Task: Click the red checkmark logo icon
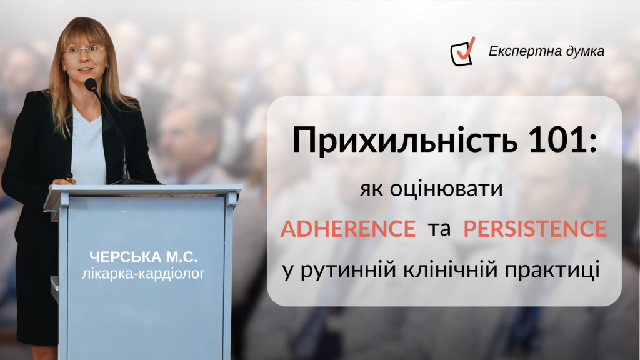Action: [463, 52]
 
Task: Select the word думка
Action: [586, 51]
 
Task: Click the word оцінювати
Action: [446, 189]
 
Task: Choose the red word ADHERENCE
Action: [348, 229]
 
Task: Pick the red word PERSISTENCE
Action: [535, 229]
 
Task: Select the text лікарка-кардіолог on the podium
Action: [143, 274]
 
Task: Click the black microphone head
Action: [91, 85]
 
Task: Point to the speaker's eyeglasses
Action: [84, 50]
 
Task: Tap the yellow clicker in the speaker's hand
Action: [69, 177]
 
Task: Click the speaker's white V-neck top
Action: [87, 147]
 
